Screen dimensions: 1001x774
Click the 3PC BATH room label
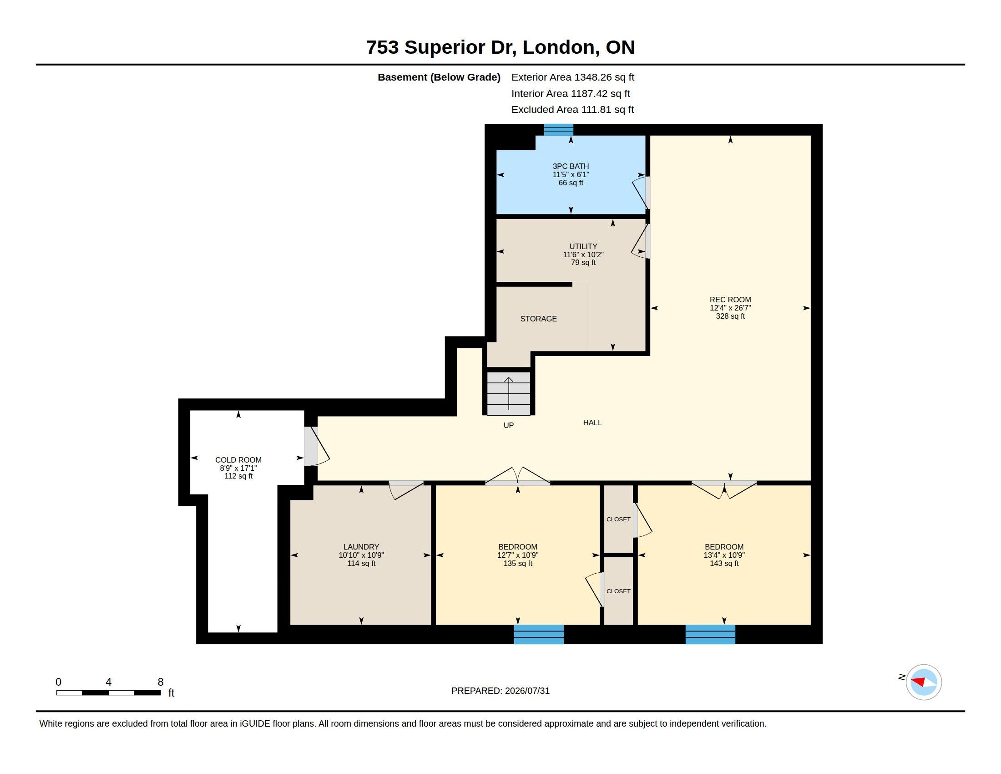571,167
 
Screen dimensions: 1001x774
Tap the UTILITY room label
583,246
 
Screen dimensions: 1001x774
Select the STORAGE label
539,319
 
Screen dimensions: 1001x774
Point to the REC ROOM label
730,300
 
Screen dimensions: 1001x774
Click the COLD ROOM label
238,460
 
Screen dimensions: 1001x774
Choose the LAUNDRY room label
361,546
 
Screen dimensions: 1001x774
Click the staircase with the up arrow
509,393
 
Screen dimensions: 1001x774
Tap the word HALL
592,423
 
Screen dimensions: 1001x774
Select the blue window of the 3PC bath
559,130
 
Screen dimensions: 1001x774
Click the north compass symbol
924,682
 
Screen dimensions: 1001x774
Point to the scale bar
109,693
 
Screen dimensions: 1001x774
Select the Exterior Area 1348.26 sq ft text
573,77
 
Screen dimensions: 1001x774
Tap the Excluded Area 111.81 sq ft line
573,110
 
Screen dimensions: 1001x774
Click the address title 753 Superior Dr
441,47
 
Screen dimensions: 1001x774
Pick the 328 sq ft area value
730,316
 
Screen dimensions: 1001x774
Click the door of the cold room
316,446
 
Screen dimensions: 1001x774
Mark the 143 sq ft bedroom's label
724,546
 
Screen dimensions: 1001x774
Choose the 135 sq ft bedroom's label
518,546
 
